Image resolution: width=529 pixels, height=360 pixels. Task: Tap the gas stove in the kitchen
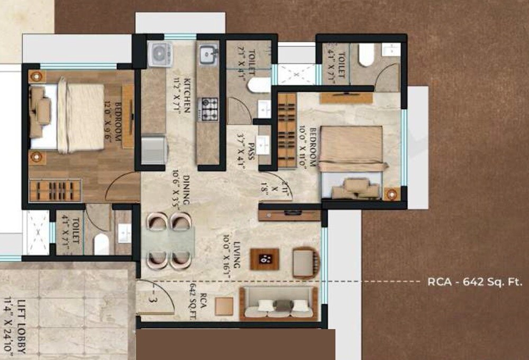coord(208,108)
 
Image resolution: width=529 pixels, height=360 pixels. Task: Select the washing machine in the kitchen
coord(159,54)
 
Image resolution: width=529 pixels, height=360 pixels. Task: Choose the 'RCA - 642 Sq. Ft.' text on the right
coord(475,282)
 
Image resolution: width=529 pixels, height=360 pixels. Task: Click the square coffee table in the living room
coord(264,259)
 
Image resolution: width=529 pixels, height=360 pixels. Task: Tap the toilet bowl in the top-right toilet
coord(366,56)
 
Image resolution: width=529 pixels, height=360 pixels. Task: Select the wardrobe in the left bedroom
coord(56,190)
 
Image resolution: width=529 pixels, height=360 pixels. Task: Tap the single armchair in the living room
coord(305,263)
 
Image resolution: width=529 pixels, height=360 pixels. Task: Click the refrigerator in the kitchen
coord(154,151)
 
